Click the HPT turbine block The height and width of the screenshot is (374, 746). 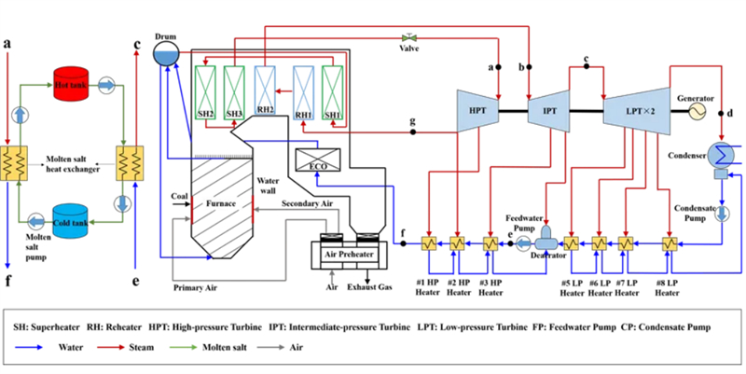[x=477, y=112]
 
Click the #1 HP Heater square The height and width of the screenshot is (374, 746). [x=429, y=244]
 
